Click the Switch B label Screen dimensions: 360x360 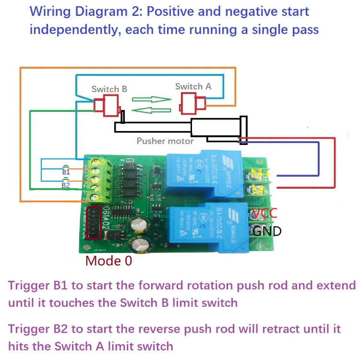point(109,89)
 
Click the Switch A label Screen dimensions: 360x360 point(193,86)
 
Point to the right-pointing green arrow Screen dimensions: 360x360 point(151,100)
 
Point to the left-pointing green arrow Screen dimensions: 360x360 point(151,111)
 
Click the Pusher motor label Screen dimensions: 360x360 point(165,141)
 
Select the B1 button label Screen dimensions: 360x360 point(66,171)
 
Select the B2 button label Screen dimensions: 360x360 point(66,184)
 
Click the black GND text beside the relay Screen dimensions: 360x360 point(267,231)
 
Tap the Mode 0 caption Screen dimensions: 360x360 point(108,261)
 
